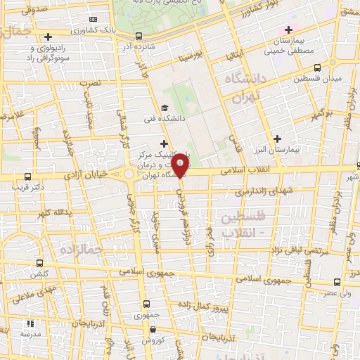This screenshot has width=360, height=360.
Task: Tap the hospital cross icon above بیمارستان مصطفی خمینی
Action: [288, 30]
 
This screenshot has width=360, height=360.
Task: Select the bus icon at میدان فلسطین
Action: [317, 67]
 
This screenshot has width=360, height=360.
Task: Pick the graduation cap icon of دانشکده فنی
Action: [165, 108]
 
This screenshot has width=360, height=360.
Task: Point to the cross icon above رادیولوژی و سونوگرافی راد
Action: [48, 37]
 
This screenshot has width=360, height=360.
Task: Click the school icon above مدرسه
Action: [30, 324]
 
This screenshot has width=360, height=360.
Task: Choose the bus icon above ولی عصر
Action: [337, 281]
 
